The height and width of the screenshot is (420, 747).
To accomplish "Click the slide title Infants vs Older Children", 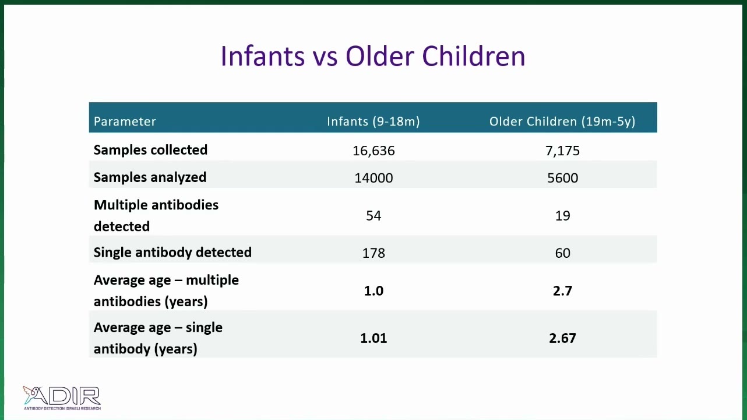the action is coord(373,56).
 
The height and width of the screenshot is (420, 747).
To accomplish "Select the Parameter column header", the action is coord(125,121).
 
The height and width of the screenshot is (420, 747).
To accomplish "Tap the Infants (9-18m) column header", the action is coord(373,121).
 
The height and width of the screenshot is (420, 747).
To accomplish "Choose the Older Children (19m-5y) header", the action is coord(562,121).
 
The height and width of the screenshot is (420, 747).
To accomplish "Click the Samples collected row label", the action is coord(150,150).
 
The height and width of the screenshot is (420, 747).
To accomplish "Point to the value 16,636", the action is coord(374,151).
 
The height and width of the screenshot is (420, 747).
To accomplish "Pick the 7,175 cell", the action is coord(563,151).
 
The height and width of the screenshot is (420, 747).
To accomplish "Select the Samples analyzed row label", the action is coord(150,177).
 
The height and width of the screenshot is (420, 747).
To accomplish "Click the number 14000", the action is coord(374,178).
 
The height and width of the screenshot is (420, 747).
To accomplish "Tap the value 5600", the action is coord(563,178).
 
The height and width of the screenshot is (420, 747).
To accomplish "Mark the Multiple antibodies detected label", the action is coord(156,216).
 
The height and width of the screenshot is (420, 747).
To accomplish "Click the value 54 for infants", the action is coord(374,216).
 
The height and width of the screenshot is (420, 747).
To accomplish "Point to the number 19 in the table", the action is coord(563,216).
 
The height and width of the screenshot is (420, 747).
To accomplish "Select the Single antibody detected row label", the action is coord(172,253).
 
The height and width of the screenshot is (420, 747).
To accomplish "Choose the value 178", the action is coord(374,253).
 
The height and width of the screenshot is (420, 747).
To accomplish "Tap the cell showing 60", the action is coord(563,253).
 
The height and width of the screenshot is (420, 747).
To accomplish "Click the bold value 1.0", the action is coord(374,291).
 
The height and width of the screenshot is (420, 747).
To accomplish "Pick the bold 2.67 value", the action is coord(563,338).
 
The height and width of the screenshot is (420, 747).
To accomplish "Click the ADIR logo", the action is coord(62,398).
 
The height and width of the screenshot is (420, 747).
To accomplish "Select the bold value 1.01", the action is coord(374,338).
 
